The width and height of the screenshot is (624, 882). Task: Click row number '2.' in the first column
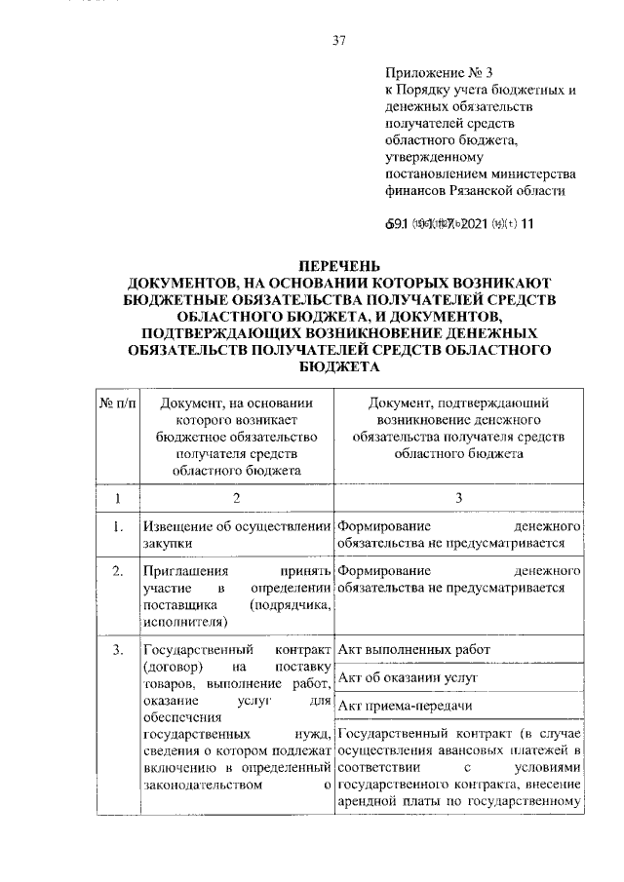pyautogui.click(x=117, y=571)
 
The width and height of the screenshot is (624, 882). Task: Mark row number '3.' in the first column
pyautogui.click(x=117, y=650)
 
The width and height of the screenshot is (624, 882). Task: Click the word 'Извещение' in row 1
pyautogui.click(x=175, y=528)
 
